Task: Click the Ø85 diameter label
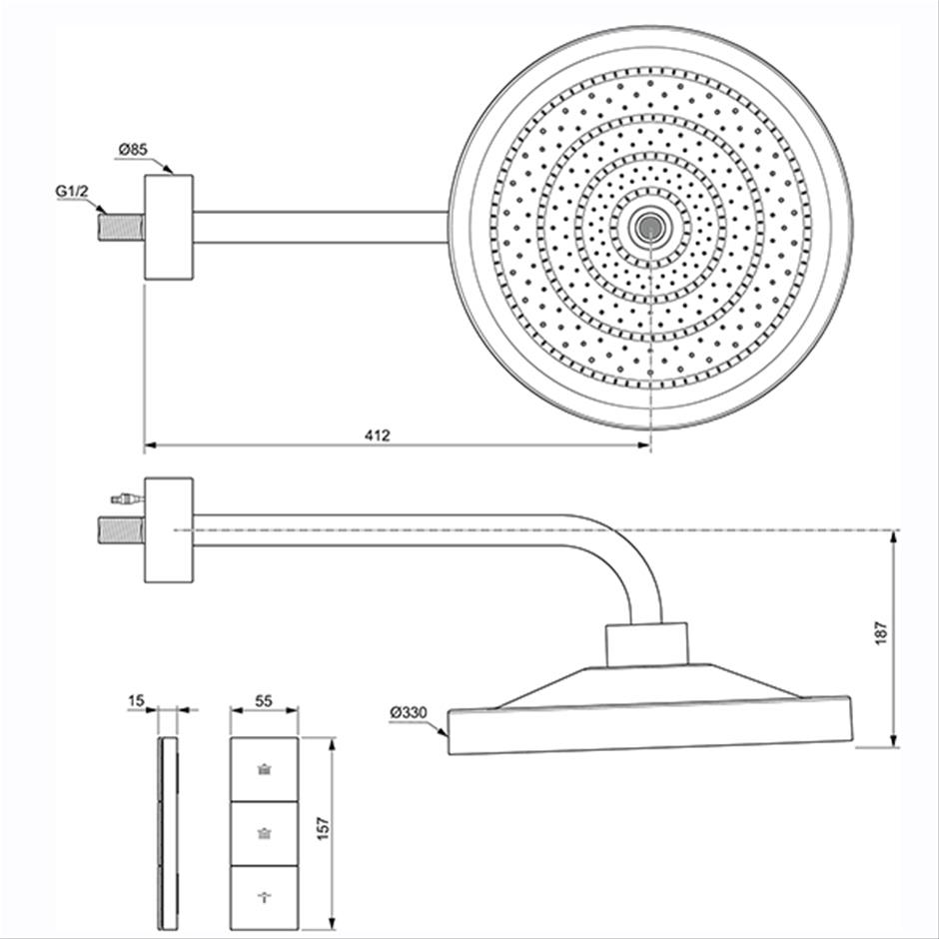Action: (x=133, y=149)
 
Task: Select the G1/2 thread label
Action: (x=72, y=191)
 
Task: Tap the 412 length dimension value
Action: (x=378, y=436)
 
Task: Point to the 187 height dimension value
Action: (x=881, y=633)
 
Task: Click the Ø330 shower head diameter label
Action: (x=409, y=712)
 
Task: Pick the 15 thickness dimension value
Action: (x=137, y=700)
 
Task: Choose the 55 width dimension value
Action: (x=264, y=700)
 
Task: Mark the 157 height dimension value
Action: (x=324, y=829)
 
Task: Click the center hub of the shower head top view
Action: (x=649, y=228)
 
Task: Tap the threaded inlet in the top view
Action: (x=122, y=228)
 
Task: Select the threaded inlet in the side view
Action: (x=122, y=530)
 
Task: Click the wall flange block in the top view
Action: (x=169, y=227)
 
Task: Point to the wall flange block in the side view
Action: (x=169, y=530)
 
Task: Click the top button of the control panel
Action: (x=264, y=769)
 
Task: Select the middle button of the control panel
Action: (x=264, y=833)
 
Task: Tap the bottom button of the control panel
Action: (x=264, y=898)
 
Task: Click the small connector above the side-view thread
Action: (x=128, y=497)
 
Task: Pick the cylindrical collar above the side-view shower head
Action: (x=646, y=645)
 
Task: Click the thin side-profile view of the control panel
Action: (x=168, y=833)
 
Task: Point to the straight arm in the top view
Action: (x=321, y=228)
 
